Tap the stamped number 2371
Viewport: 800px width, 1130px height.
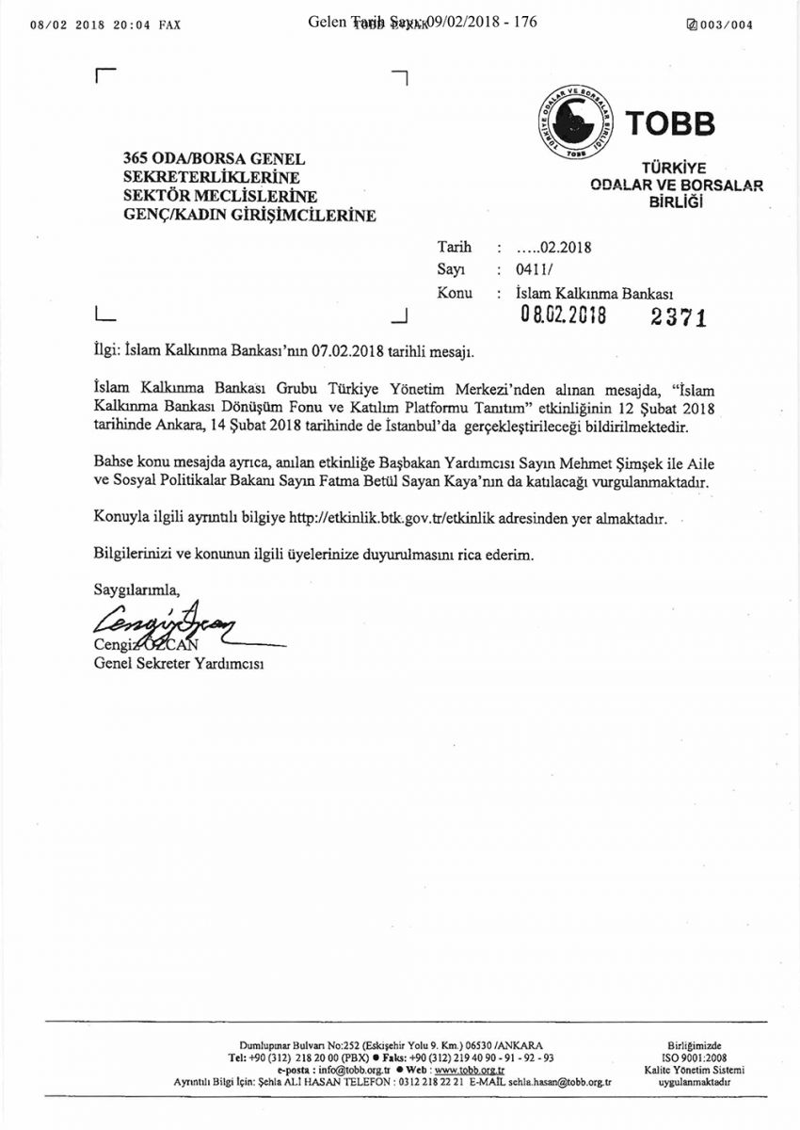pyautogui.click(x=679, y=318)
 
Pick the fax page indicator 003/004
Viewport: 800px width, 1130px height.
pyautogui.click(x=720, y=25)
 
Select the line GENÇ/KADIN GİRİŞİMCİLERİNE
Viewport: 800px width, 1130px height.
pyautogui.click(x=249, y=216)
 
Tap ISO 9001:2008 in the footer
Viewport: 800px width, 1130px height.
pyautogui.click(x=694, y=1057)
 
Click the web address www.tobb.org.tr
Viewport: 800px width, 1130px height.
pyautogui.click(x=470, y=1071)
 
